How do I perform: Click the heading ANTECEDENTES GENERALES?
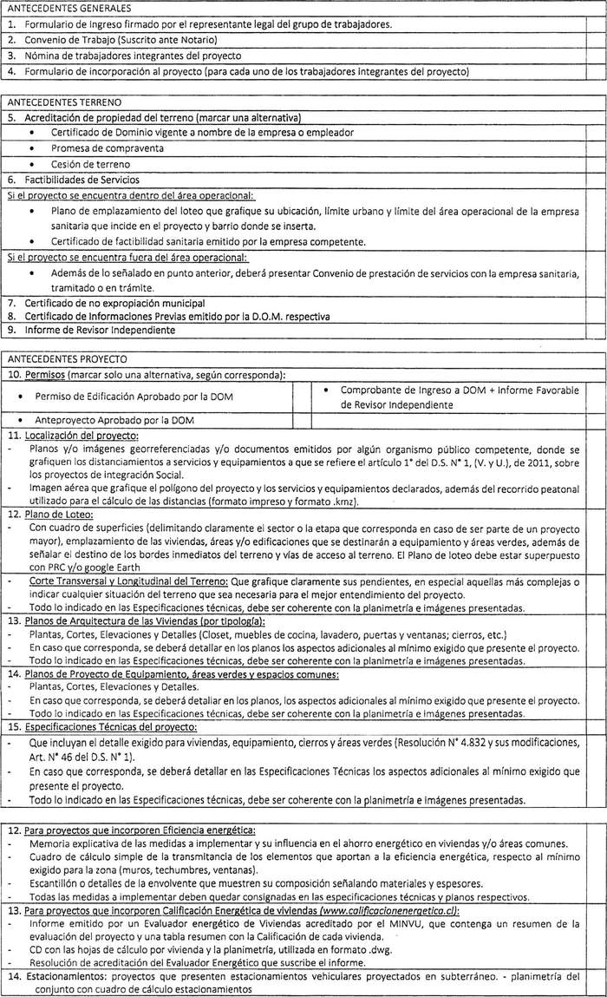tap(58, 9)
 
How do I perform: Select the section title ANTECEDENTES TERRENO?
tap(56, 102)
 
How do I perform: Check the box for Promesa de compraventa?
tap(594, 148)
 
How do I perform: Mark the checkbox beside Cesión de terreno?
tap(594, 164)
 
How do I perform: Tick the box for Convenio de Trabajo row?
tap(594, 40)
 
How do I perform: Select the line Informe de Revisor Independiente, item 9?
tap(107, 330)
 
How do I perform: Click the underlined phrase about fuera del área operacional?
tap(127, 258)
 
